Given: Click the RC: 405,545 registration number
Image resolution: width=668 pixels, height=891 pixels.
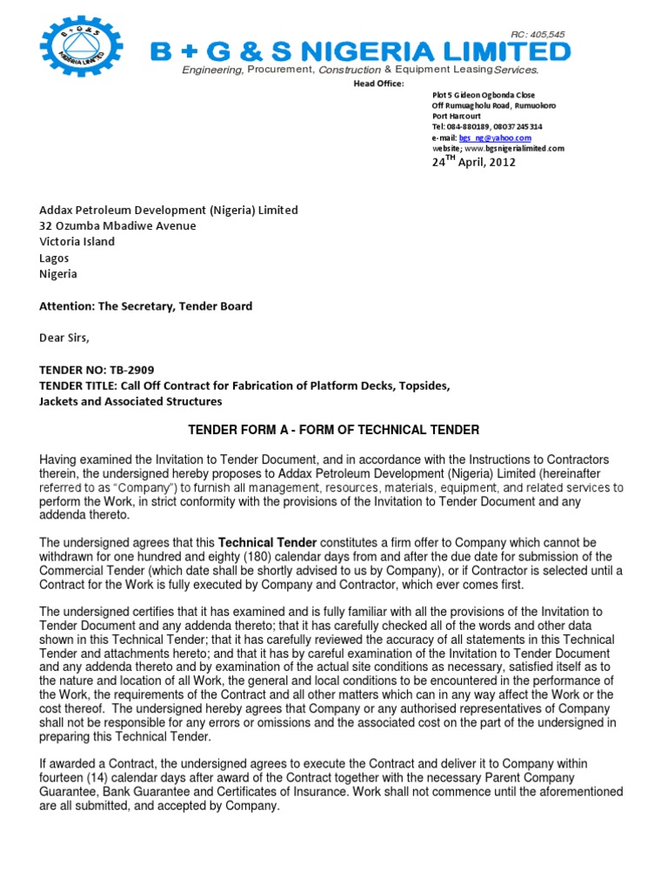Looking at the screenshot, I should pyautogui.click(x=538, y=35).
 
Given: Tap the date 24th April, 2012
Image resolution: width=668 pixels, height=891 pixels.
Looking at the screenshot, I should pyautogui.click(x=474, y=162).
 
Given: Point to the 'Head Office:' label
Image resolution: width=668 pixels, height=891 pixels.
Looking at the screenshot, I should pyautogui.click(x=378, y=83).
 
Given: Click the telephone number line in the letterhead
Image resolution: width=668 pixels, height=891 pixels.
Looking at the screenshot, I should pyautogui.click(x=487, y=127).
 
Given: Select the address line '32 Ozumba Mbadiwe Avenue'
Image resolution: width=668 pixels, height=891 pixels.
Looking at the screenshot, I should pyautogui.click(x=117, y=226).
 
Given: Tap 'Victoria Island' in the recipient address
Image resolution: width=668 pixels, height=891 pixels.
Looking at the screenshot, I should pyautogui.click(x=77, y=242).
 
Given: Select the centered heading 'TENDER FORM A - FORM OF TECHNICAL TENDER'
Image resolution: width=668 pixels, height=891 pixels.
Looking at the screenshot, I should pyautogui.click(x=334, y=431).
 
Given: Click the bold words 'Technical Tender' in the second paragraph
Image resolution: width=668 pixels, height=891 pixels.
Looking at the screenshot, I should pyautogui.click(x=260, y=543).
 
